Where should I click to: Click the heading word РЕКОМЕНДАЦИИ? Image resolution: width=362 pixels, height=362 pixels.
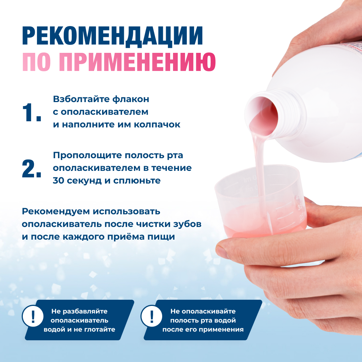pos(112,35)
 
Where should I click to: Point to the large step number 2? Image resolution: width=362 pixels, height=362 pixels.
pos(31,169)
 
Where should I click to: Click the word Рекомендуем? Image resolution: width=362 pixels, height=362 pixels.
pos(55,211)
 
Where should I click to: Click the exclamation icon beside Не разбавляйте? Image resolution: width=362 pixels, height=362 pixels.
pos(33,316)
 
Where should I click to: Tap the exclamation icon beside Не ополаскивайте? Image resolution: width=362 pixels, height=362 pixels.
pos(152,316)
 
